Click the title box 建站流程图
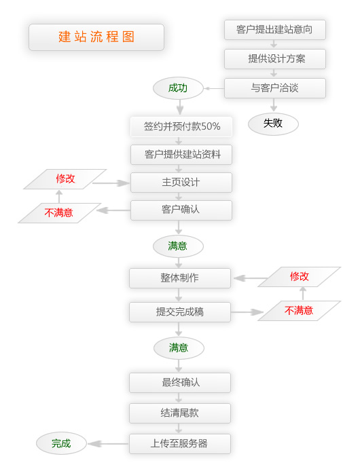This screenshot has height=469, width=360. pyautogui.click(x=96, y=37)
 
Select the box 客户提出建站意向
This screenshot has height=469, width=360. pyautogui.click(x=275, y=30)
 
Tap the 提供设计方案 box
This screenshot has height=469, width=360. pyautogui.click(x=275, y=59)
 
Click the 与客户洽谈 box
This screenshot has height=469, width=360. pyautogui.click(x=275, y=88)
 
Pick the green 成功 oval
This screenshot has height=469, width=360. pyautogui.click(x=179, y=88)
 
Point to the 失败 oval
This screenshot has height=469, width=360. pyautogui.click(x=273, y=124)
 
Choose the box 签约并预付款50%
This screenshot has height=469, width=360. pyautogui.click(x=181, y=126)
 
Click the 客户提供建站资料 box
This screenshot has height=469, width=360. pyautogui.click(x=181, y=155)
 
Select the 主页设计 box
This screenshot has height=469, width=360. pyautogui.click(x=181, y=183)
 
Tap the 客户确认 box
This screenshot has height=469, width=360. pyautogui.click(x=181, y=210)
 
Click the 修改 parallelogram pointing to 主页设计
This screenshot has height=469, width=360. pyautogui.click(x=65, y=179)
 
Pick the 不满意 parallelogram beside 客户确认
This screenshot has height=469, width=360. pyautogui.click(x=59, y=213)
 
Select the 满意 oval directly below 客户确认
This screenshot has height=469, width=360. pyautogui.click(x=178, y=246)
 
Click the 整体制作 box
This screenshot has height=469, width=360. pyautogui.click(x=180, y=278)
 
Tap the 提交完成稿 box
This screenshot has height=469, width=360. pyautogui.click(x=180, y=312)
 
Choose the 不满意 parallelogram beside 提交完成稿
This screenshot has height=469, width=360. pyautogui.click(x=299, y=311)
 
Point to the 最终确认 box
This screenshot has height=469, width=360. pyautogui.click(x=180, y=382)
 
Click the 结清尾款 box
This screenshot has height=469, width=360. pyautogui.click(x=180, y=413)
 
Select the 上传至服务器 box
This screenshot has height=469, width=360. pyautogui.click(x=180, y=444)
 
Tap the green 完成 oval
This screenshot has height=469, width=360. pyautogui.click(x=61, y=444)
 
